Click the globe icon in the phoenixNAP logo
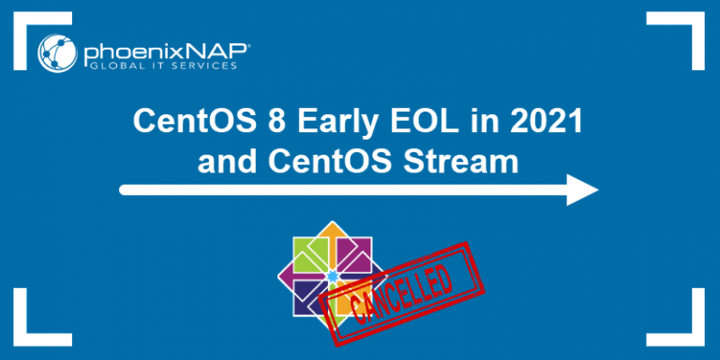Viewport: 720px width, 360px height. point(57,52)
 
